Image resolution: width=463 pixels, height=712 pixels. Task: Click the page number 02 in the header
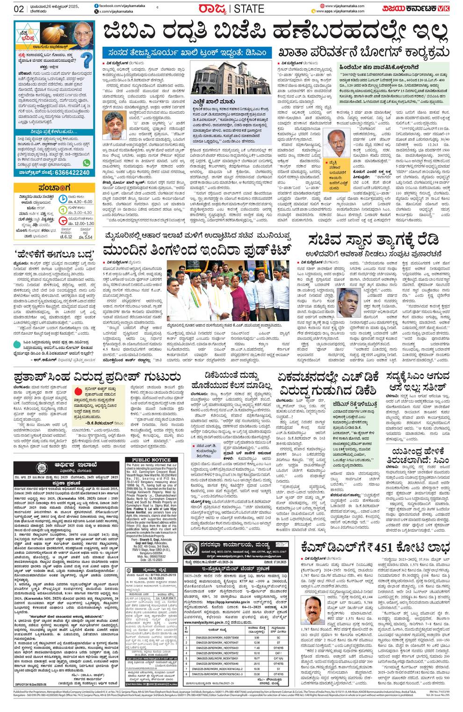19,9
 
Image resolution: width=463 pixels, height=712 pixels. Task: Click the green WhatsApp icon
87,163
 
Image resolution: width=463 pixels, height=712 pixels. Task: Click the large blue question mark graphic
86,60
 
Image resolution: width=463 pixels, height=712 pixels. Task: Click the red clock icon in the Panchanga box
63,221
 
